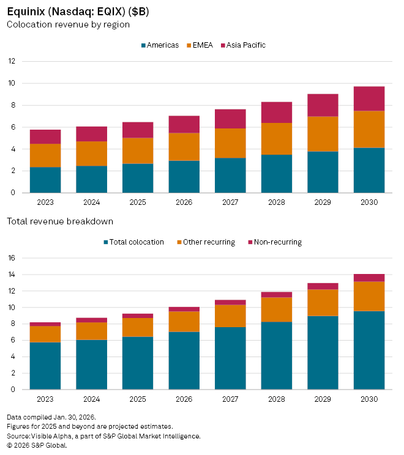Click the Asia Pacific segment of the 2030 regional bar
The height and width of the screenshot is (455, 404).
click(x=369, y=98)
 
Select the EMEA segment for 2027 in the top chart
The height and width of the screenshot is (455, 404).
click(x=230, y=143)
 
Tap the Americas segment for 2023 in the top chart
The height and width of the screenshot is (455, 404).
click(x=45, y=180)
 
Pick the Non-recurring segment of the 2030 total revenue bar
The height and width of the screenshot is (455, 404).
click(x=369, y=278)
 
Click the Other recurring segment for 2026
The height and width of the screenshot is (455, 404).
click(x=184, y=322)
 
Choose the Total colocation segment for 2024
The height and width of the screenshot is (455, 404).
click(x=91, y=364)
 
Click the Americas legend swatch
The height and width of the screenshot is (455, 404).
click(x=144, y=45)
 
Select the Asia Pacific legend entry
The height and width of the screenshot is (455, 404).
click(x=245, y=45)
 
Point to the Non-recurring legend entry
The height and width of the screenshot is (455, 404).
click(x=276, y=242)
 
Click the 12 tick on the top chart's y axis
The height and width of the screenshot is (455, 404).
click(x=12, y=61)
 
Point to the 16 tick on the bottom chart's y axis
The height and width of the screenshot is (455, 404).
click(x=12, y=258)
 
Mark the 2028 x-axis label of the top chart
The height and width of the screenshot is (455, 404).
click(x=276, y=202)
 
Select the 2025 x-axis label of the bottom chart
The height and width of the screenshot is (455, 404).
click(x=138, y=399)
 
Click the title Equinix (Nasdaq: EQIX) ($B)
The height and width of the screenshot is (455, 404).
click(x=77, y=12)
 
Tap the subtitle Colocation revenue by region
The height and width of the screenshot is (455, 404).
click(x=68, y=24)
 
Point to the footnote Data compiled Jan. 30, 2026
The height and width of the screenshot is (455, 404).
click(x=51, y=417)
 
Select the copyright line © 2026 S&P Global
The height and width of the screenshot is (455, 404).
click(x=37, y=445)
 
